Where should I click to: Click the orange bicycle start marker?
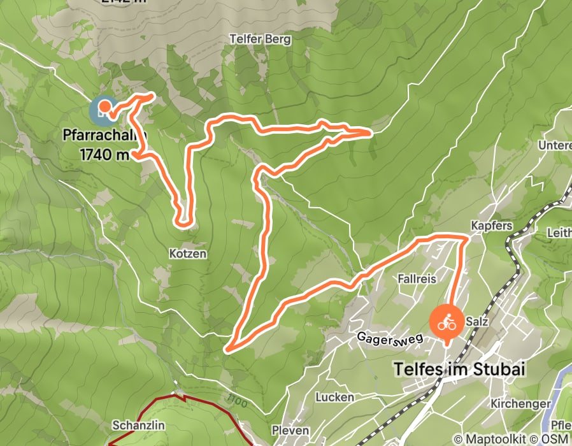(447, 321)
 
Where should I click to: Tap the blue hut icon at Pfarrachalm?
(102, 110)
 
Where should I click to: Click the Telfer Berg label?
(260, 40)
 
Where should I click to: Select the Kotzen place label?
(188, 254)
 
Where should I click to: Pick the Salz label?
(477, 322)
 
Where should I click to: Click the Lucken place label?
(334, 397)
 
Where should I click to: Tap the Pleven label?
(290, 430)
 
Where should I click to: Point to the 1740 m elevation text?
(105, 154)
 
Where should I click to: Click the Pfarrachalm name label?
(105, 136)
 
